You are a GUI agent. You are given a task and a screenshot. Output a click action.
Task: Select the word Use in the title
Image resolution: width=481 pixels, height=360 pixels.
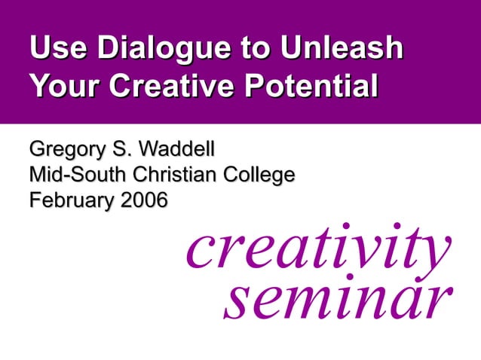coord(55,49)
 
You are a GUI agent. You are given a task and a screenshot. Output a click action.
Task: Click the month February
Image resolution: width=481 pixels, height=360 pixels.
coord(66,202)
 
